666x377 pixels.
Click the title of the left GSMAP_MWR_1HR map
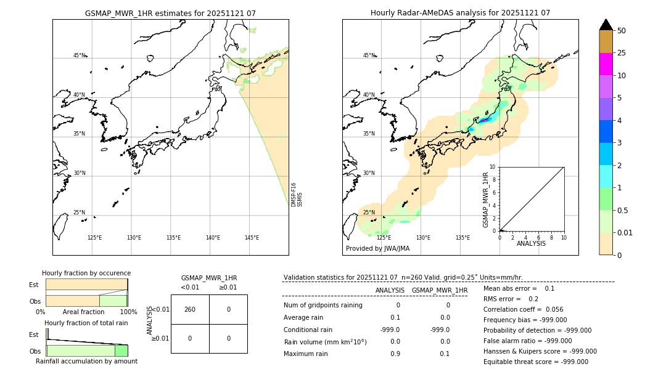tap(170, 13)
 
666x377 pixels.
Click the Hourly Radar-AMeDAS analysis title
tap(460, 13)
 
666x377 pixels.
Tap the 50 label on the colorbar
tap(622, 31)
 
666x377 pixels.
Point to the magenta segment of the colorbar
tap(606, 64)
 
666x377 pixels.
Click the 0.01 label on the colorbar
tap(625, 232)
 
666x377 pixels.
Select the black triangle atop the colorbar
tap(606, 25)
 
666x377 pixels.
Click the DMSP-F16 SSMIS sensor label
tap(297, 194)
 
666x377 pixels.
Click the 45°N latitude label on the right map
tap(368, 55)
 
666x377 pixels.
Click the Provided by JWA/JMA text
tap(377, 248)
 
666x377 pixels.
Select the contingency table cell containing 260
tap(190, 309)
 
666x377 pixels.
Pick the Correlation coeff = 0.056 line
tap(523, 309)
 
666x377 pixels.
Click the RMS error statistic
tap(511, 299)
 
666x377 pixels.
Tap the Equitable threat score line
tap(535, 362)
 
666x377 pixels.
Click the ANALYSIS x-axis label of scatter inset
tap(531, 243)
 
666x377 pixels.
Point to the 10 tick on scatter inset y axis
tap(493, 167)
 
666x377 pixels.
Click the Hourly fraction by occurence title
tap(86, 273)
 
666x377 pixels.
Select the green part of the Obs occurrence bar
tap(113, 301)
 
